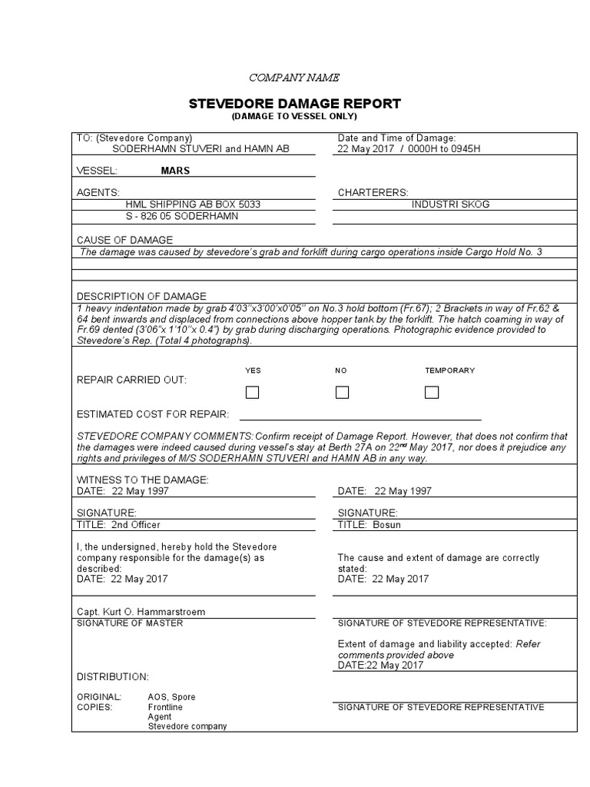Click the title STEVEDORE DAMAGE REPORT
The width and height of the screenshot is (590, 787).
click(x=294, y=104)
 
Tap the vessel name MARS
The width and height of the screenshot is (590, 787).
click(x=175, y=171)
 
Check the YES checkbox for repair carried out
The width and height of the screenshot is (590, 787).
click(x=252, y=393)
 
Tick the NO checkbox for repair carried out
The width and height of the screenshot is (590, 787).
click(x=342, y=393)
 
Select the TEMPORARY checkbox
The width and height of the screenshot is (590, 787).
click(x=432, y=393)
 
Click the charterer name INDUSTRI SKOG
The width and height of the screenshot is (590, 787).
click(x=450, y=204)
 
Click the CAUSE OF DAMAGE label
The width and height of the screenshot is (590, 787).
click(x=124, y=240)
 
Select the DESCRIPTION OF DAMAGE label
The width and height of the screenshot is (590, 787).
click(x=141, y=296)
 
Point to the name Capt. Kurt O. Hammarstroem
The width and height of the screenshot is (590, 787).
click(x=141, y=612)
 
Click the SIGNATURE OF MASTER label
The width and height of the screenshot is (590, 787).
click(x=130, y=623)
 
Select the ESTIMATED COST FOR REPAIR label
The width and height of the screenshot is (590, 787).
click(x=153, y=414)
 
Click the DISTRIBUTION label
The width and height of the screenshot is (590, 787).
click(x=113, y=676)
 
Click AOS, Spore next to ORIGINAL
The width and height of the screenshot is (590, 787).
click(x=171, y=696)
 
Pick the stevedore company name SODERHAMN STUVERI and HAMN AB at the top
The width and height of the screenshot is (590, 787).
click(x=201, y=149)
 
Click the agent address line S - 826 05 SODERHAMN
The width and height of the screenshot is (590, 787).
click(x=181, y=216)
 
